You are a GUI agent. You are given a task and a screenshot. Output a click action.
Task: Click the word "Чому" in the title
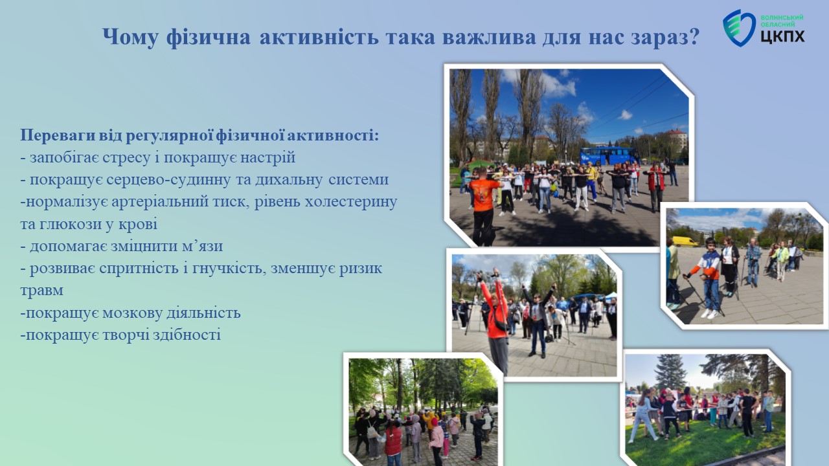tap(131, 37)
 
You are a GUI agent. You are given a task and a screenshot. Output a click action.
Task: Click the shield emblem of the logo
tap(739, 28)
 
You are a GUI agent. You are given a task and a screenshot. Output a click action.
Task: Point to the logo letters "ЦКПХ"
tap(782, 36)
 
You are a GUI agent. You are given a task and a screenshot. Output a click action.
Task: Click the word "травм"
tap(42, 291)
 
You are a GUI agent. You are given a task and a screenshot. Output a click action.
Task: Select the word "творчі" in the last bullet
tap(124, 335)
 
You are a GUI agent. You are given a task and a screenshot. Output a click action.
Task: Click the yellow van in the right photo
tap(685, 241)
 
